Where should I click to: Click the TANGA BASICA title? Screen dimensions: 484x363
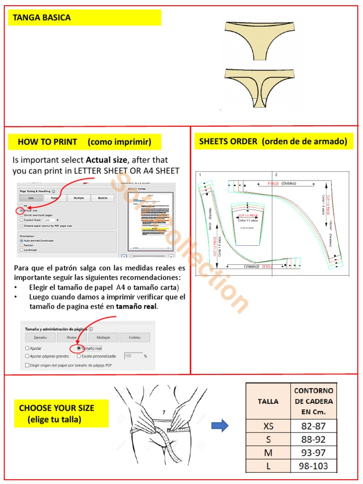(42, 18)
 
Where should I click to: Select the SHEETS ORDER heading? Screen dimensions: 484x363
(273, 141)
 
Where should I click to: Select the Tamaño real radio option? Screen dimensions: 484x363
(78, 348)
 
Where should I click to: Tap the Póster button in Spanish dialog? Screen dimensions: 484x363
(72, 337)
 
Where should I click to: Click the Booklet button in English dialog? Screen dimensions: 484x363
(103, 199)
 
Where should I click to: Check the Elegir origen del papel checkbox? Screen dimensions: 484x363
(27, 365)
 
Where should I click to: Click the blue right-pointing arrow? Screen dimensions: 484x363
(220, 426)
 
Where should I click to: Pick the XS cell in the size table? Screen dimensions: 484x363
(268, 426)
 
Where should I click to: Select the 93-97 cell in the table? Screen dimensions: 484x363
(313, 453)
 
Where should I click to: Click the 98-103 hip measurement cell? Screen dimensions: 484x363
(313, 466)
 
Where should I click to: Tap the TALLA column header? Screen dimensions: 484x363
(268, 401)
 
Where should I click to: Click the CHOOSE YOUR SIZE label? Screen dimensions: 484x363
(57, 408)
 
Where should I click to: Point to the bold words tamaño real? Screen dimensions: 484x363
(137, 306)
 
